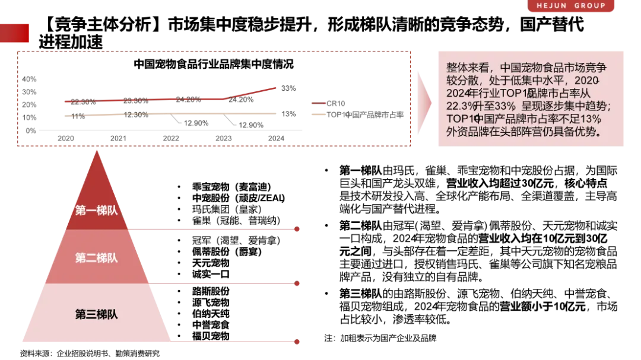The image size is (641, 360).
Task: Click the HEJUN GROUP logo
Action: pos(572,6)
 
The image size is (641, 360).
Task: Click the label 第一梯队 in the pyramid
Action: pos(96,211)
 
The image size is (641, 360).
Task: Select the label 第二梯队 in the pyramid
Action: pos(96,258)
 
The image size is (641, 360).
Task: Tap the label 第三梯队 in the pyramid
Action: pos(96,314)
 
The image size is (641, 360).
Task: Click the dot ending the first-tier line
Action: pos(298,228)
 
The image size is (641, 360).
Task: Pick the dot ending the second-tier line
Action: pos(298,285)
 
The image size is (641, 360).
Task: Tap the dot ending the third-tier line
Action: pos(298,342)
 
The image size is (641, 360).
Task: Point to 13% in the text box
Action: pos(591,119)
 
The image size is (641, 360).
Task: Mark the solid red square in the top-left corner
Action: pos(15,33)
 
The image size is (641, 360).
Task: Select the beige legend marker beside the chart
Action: pos(318,115)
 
